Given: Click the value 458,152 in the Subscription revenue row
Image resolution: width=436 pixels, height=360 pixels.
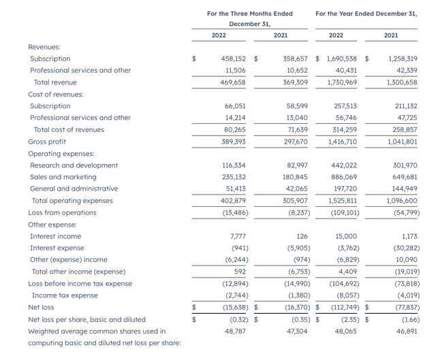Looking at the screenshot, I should click(230, 59).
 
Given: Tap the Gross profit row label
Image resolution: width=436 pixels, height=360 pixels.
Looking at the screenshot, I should click(48, 142).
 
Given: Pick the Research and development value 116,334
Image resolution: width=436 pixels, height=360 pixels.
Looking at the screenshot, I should click(230, 165).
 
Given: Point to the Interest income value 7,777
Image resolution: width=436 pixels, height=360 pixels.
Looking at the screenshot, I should click(236, 236).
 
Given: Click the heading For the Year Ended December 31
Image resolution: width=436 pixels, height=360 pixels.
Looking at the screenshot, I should click(367, 13).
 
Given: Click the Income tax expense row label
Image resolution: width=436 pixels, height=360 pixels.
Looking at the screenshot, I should click(65, 295).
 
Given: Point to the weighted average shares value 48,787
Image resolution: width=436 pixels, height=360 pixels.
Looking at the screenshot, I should click(234, 331).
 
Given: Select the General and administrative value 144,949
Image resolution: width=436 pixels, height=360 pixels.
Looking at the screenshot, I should click(402, 189).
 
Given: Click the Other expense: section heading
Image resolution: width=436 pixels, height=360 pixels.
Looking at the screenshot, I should click(52, 224).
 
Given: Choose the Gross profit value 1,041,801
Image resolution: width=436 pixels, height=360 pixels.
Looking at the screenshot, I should click(401, 142).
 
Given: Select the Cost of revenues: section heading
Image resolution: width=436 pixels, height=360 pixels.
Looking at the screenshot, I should click(56, 95).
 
